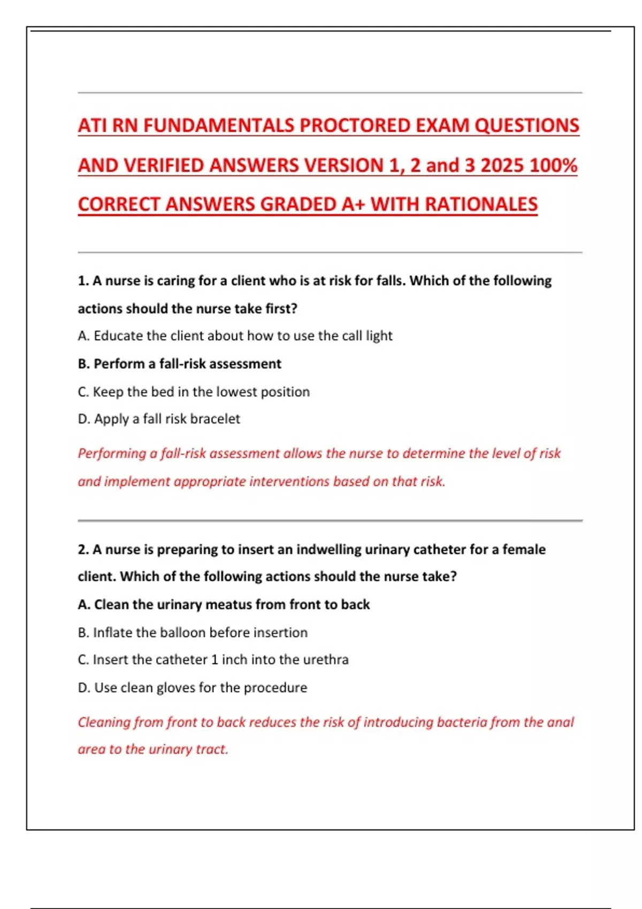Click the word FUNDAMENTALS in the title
coord(219,126)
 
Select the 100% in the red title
coord(553,165)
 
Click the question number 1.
coord(82,281)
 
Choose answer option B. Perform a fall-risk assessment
coord(179,364)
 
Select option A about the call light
coord(235,336)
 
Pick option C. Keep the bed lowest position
coord(194,392)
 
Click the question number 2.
coord(82,550)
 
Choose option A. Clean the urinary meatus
coord(224,605)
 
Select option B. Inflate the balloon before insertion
coord(193,633)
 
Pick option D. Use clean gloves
coord(193,688)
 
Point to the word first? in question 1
coord(281,309)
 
